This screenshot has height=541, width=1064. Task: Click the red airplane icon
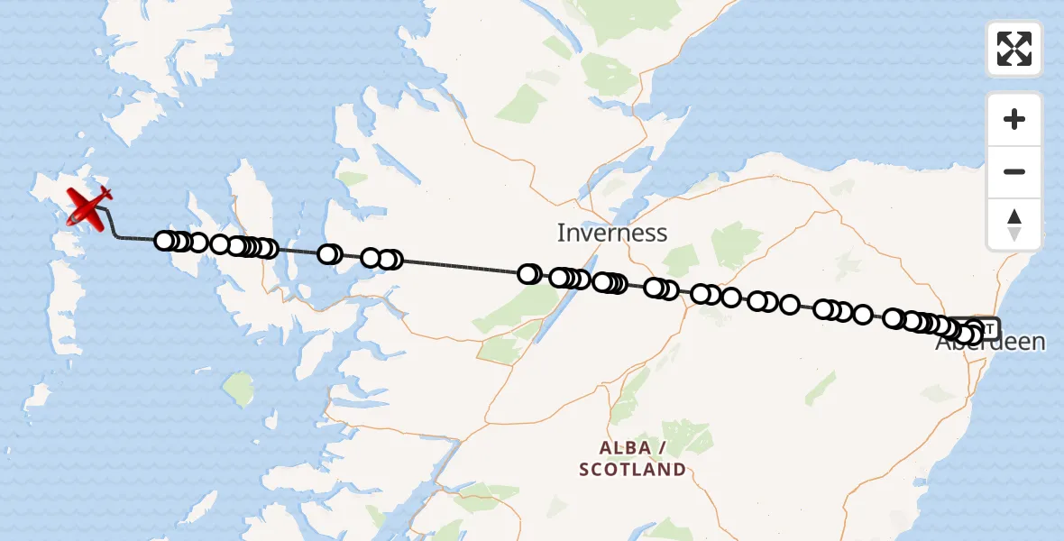[87, 206]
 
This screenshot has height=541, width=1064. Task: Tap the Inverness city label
[611, 234]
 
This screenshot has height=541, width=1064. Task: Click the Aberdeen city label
[990, 343]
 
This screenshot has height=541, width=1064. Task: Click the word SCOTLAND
[632, 470]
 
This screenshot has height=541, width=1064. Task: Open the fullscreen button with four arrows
[1014, 49]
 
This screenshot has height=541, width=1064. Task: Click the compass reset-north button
[1014, 225]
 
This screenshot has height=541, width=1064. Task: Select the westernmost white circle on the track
[164, 241]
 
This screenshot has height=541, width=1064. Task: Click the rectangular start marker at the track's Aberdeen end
[988, 327]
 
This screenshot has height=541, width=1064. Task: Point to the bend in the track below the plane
[114, 233]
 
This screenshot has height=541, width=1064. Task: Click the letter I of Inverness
[561, 234]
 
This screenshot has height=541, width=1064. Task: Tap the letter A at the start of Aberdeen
[943, 344]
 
